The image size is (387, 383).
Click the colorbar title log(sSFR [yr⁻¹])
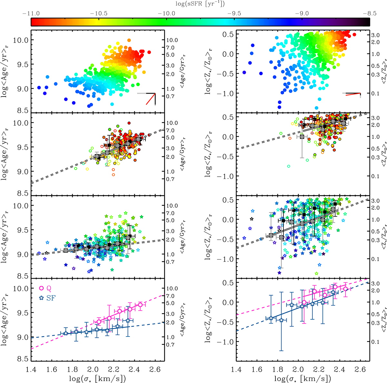point(200,4)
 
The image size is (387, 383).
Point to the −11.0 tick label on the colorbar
point(31,14)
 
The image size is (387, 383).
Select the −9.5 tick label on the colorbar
point(234,14)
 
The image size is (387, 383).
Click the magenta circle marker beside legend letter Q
point(41,288)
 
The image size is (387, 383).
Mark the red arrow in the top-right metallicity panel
point(354,94)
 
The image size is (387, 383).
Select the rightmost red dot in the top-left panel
point(149,52)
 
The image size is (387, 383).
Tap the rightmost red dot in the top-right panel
point(354,35)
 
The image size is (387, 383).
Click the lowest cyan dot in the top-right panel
point(316,108)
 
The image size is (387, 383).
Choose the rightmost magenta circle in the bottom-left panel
point(140,305)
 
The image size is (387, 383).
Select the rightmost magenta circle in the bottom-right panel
point(345,289)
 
